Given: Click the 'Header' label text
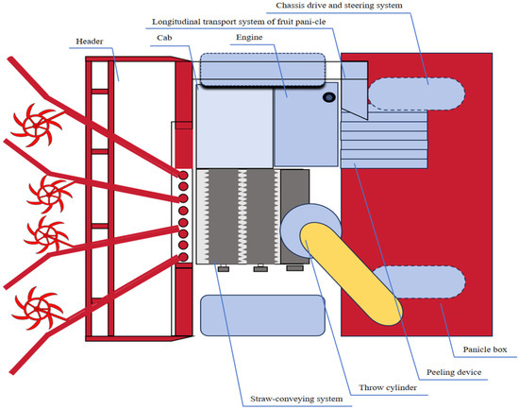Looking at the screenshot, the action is (x=90, y=42).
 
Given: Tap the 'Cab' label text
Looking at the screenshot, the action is (x=164, y=38).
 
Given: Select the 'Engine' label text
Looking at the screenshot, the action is (x=249, y=38).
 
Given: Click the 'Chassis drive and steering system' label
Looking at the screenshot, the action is (x=340, y=6).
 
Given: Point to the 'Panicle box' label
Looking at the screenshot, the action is (x=485, y=349).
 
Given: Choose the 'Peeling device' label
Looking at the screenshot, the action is (x=454, y=372).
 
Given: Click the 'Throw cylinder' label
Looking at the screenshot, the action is (x=388, y=387).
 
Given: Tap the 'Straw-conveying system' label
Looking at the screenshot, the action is (x=296, y=399).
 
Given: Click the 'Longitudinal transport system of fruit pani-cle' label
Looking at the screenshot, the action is (x=239, y=22).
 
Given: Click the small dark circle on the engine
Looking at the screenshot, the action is (x=329, y=97).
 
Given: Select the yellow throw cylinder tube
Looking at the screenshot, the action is (x=351, y=273).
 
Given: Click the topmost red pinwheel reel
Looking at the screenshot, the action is (x=37, y=125).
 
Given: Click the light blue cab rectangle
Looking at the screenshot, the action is (x=235, y=126).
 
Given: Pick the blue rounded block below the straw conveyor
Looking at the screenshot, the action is (x=263, y=315).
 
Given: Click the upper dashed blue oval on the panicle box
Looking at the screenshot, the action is (x=416, y=94).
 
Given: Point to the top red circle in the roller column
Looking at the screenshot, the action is (x=183, y=175).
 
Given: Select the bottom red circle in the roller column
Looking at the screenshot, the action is (x=183, y=257).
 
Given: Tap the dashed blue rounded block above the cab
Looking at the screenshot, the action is (x=263, y=70).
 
